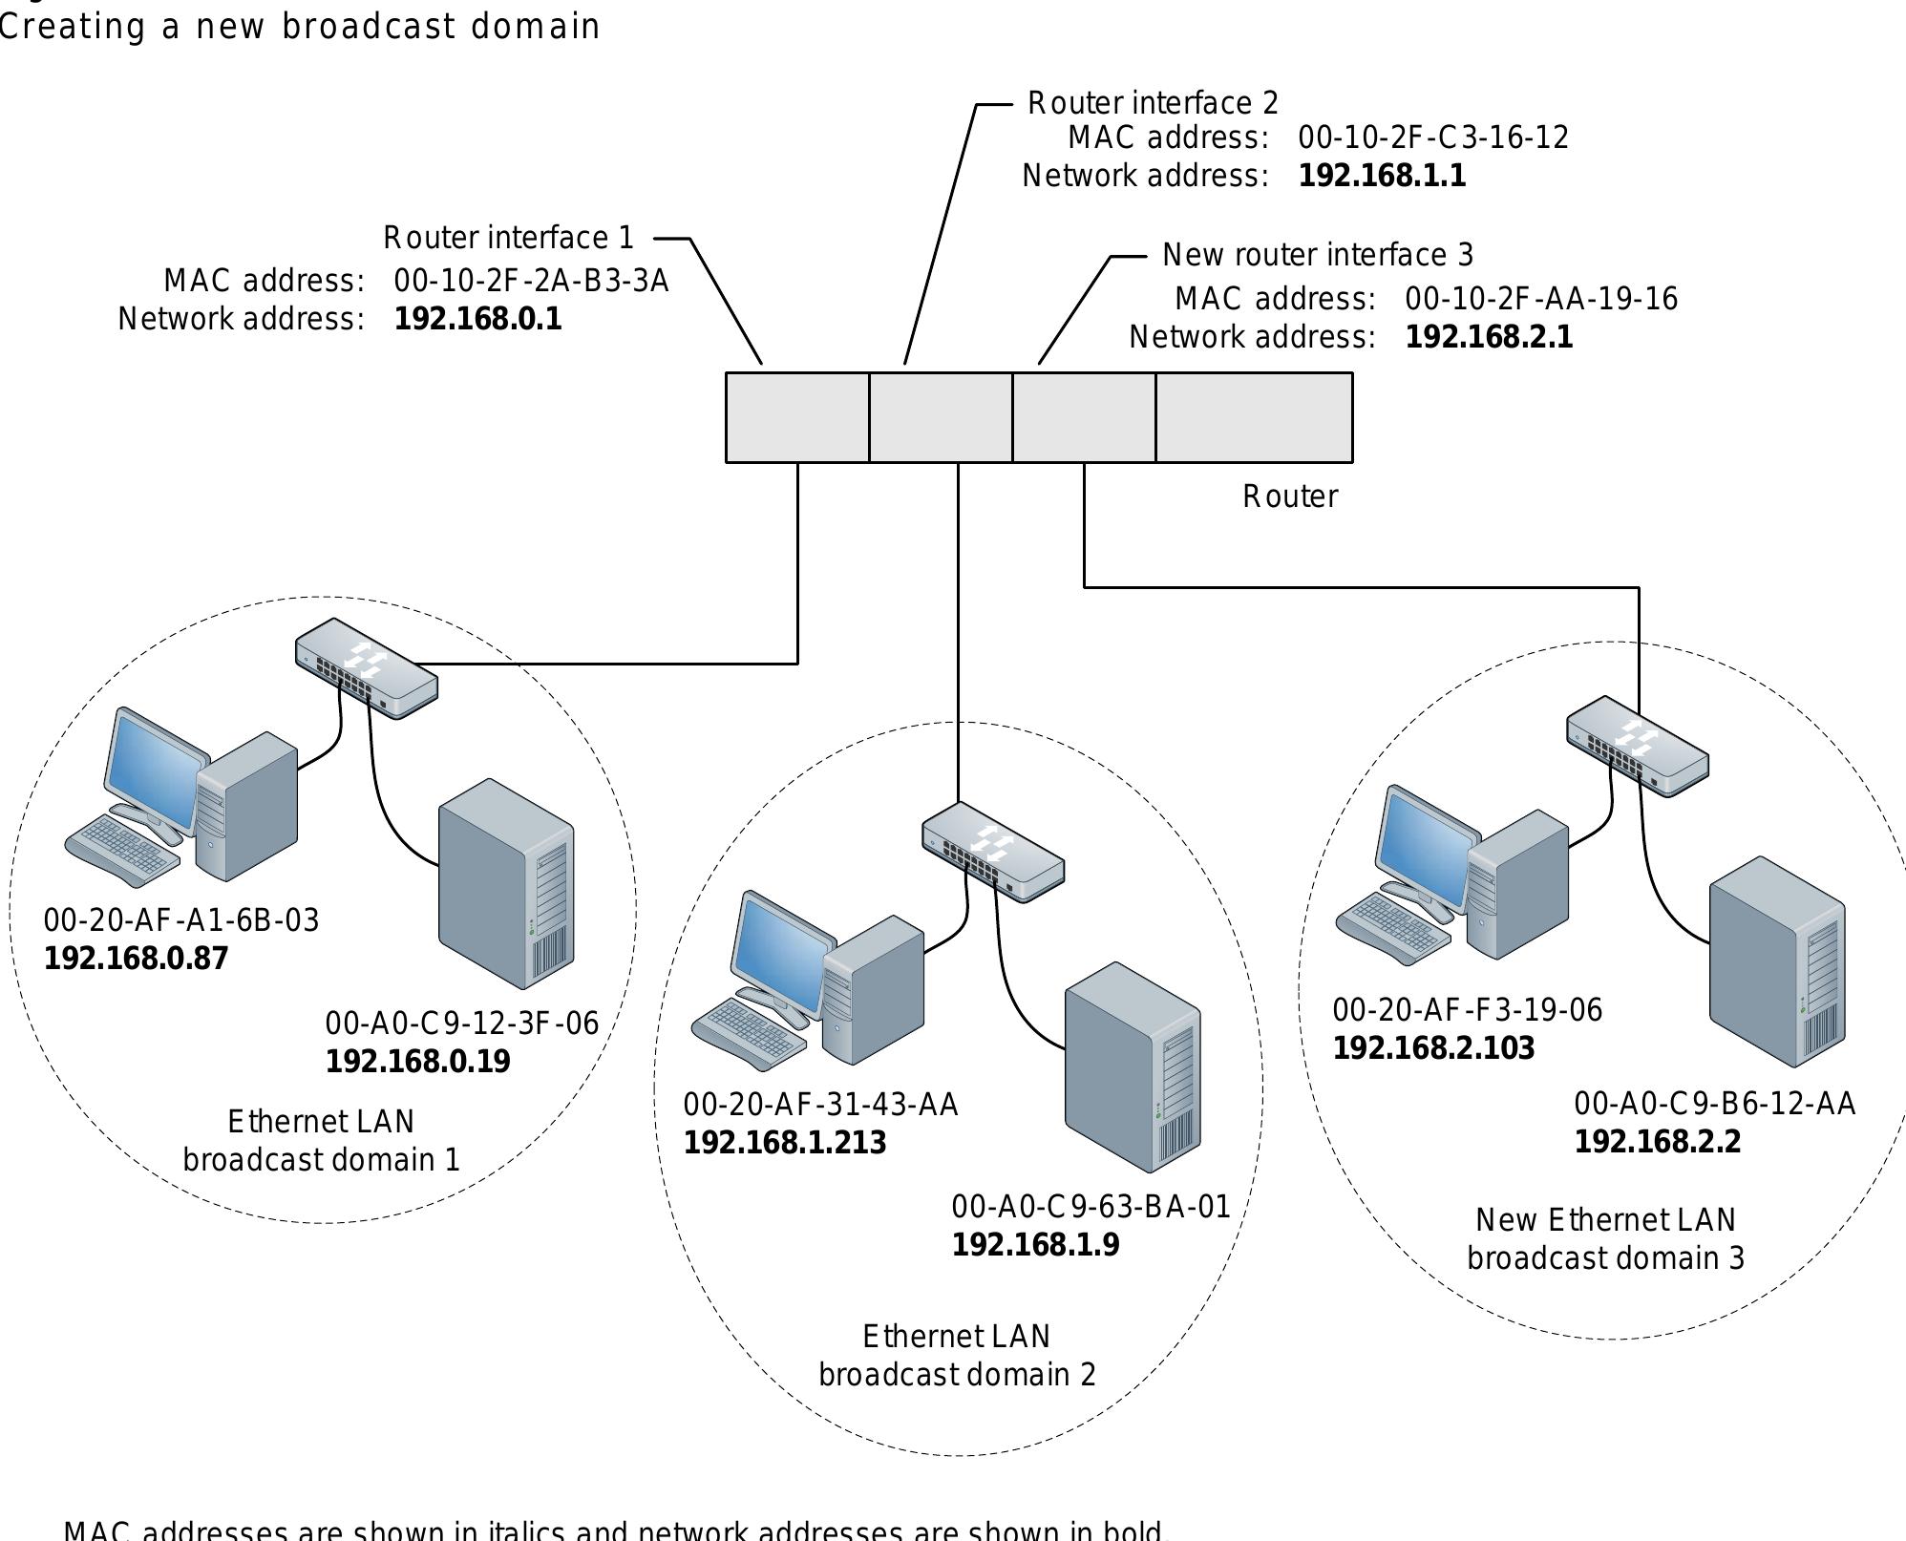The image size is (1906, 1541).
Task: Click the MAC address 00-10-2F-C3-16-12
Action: coord(1432,138)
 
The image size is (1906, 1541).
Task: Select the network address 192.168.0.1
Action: coord(477,319)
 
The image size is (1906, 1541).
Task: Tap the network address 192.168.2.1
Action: coord(1489,337)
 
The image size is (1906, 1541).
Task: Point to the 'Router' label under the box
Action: coord(1289,496)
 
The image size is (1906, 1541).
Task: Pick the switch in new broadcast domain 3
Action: coord(1638,746)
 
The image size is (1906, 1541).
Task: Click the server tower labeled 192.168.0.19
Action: coord(506,883)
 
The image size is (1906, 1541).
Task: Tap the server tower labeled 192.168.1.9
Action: coord(1133,1066)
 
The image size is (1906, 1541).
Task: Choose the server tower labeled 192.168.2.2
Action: coord(1777,961)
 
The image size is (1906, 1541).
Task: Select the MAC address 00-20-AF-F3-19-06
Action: coord(1467,1010)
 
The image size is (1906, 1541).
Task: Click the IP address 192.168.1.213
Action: coord(785,1143)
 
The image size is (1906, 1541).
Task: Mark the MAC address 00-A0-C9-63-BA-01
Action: coord(1091,1207)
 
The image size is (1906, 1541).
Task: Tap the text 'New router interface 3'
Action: coord(1318,255)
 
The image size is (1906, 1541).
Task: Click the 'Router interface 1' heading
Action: coord(508,238)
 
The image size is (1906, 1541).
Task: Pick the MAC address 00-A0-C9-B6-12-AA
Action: coord(1714,1104)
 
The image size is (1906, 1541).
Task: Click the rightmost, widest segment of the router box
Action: coord(1254,417)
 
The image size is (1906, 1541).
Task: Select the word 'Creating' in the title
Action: coord(72,27)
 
